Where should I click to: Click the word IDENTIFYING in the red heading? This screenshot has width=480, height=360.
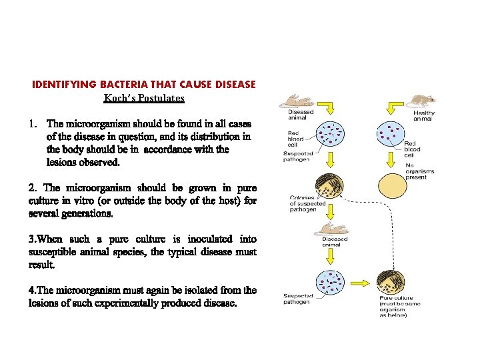[x=65, y=85]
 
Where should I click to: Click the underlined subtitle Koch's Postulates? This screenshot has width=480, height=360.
[x=144, y=98]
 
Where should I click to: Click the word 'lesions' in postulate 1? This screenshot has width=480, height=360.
[x=62, y=162]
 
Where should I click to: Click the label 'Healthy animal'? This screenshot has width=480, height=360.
[x=424, y=116]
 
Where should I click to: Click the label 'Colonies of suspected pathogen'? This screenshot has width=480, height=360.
[x=307, y=203]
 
